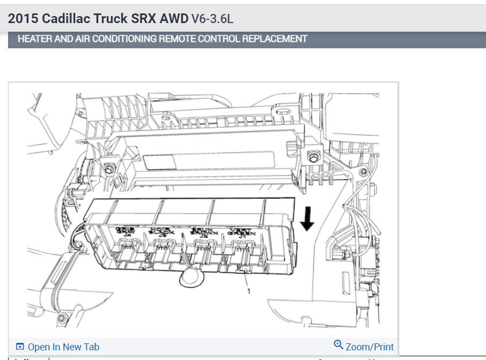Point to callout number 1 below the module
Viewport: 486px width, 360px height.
(248, 290)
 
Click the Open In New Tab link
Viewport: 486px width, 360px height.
(63, 347)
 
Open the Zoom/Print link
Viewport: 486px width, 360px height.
(370, 347)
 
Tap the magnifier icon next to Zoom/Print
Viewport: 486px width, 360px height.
(338, 345)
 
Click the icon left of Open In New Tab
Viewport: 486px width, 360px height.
(20, 347)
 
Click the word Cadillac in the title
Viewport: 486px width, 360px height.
(67, 20)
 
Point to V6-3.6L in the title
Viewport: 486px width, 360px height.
(212, 20)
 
